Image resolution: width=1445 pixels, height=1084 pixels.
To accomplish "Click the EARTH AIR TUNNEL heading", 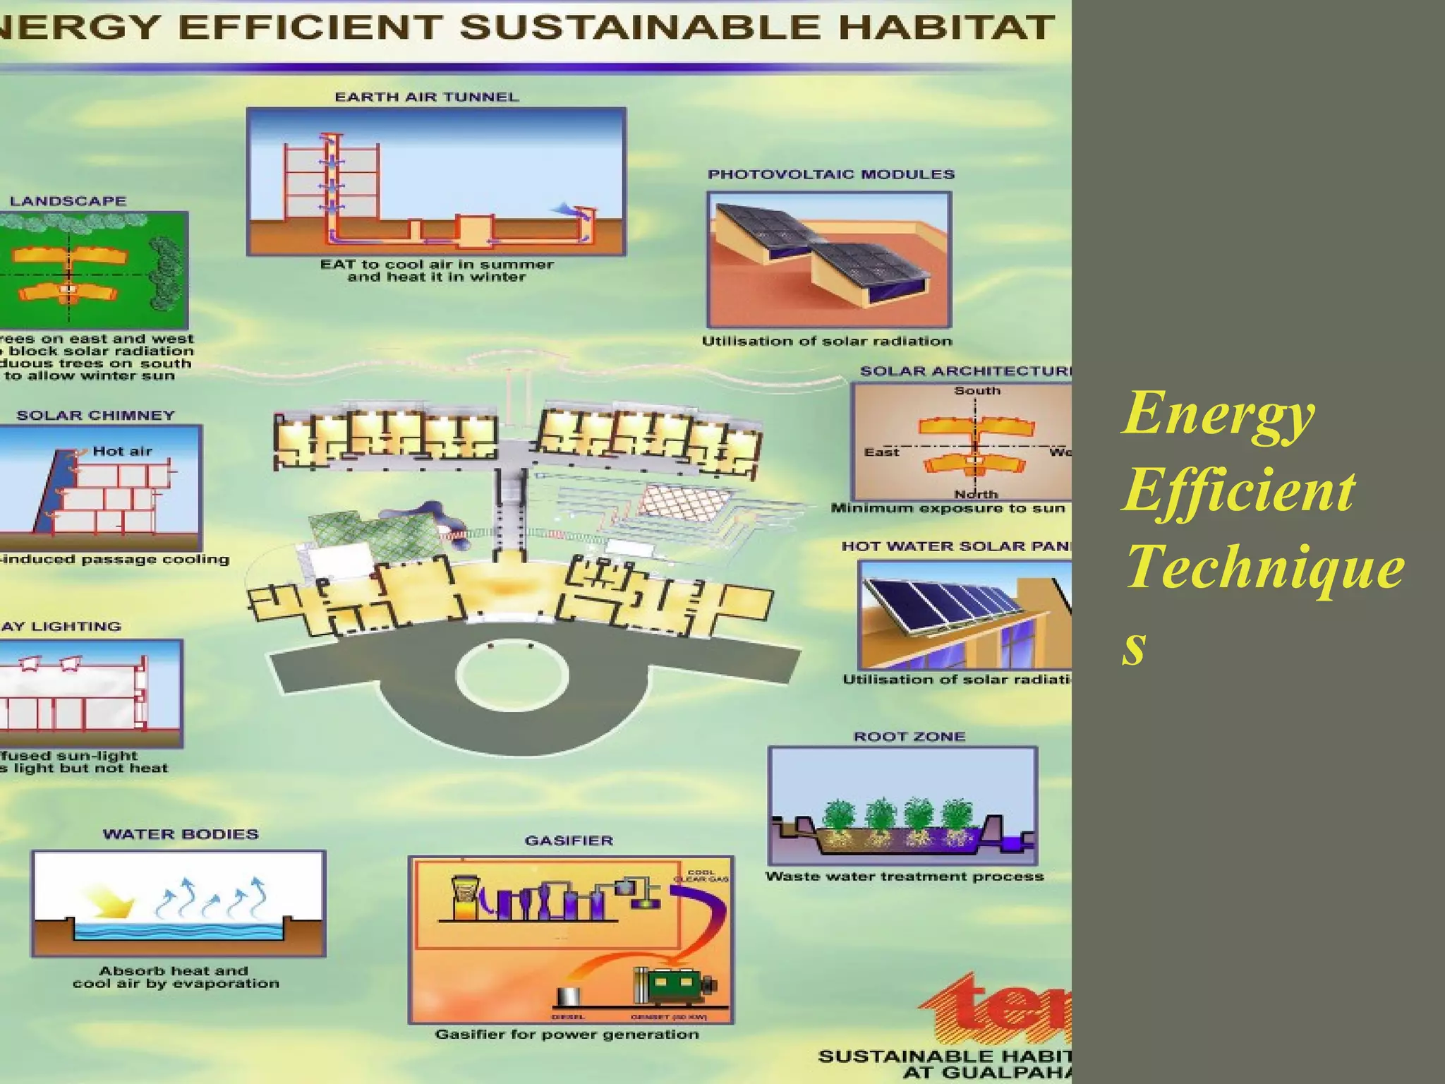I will pos(426,97).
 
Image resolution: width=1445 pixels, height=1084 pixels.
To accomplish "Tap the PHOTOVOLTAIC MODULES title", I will pos(830,175).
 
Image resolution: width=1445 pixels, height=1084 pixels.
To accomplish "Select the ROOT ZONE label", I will pos(909,737).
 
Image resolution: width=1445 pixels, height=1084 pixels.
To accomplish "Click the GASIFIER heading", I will pos(569,841).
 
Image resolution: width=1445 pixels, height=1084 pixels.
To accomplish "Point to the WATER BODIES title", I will pos(181,834).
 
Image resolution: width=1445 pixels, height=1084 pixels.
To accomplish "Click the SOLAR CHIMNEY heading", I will pos(95,416).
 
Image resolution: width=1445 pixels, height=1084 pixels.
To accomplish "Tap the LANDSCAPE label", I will pos(68,201).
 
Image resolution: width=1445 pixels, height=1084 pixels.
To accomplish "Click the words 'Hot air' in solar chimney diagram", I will pos(122,452).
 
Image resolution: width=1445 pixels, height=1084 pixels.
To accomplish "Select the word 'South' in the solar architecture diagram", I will pos(977,391).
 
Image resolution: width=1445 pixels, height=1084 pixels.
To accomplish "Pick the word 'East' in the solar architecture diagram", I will pos(881,452).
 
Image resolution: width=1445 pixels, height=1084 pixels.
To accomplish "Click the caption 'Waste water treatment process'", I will pos(904,877).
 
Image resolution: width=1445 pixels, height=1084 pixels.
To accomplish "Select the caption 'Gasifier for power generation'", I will pos(567,1035).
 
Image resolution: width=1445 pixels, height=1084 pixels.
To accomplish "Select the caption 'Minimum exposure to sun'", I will pos(948,508).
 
